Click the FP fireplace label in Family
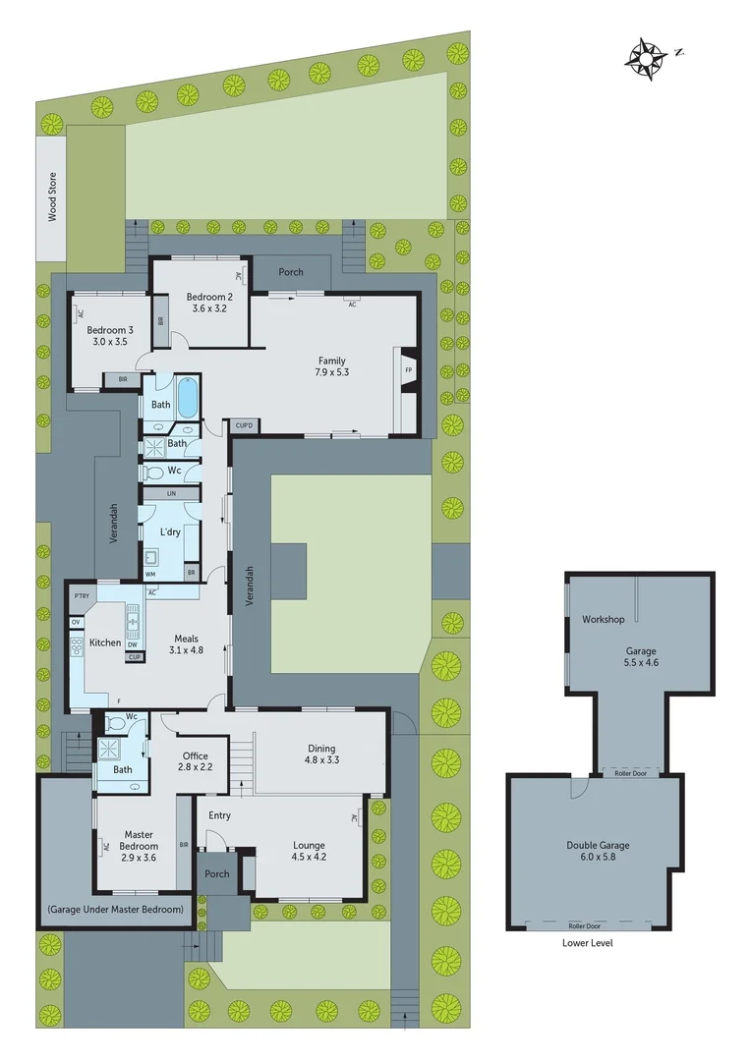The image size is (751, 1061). (408, 371)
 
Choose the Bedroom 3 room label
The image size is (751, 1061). (107, 330)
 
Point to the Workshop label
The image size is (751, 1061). (604, 619)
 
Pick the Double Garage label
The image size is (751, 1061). (598, 845)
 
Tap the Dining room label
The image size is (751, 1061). (320, 748)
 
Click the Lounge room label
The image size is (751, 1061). (309, 845)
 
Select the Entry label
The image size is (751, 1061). (220, 815)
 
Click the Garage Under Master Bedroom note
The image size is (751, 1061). (115, 910)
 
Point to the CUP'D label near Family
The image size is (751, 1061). (244, 425)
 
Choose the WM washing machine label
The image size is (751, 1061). (150, 573)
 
